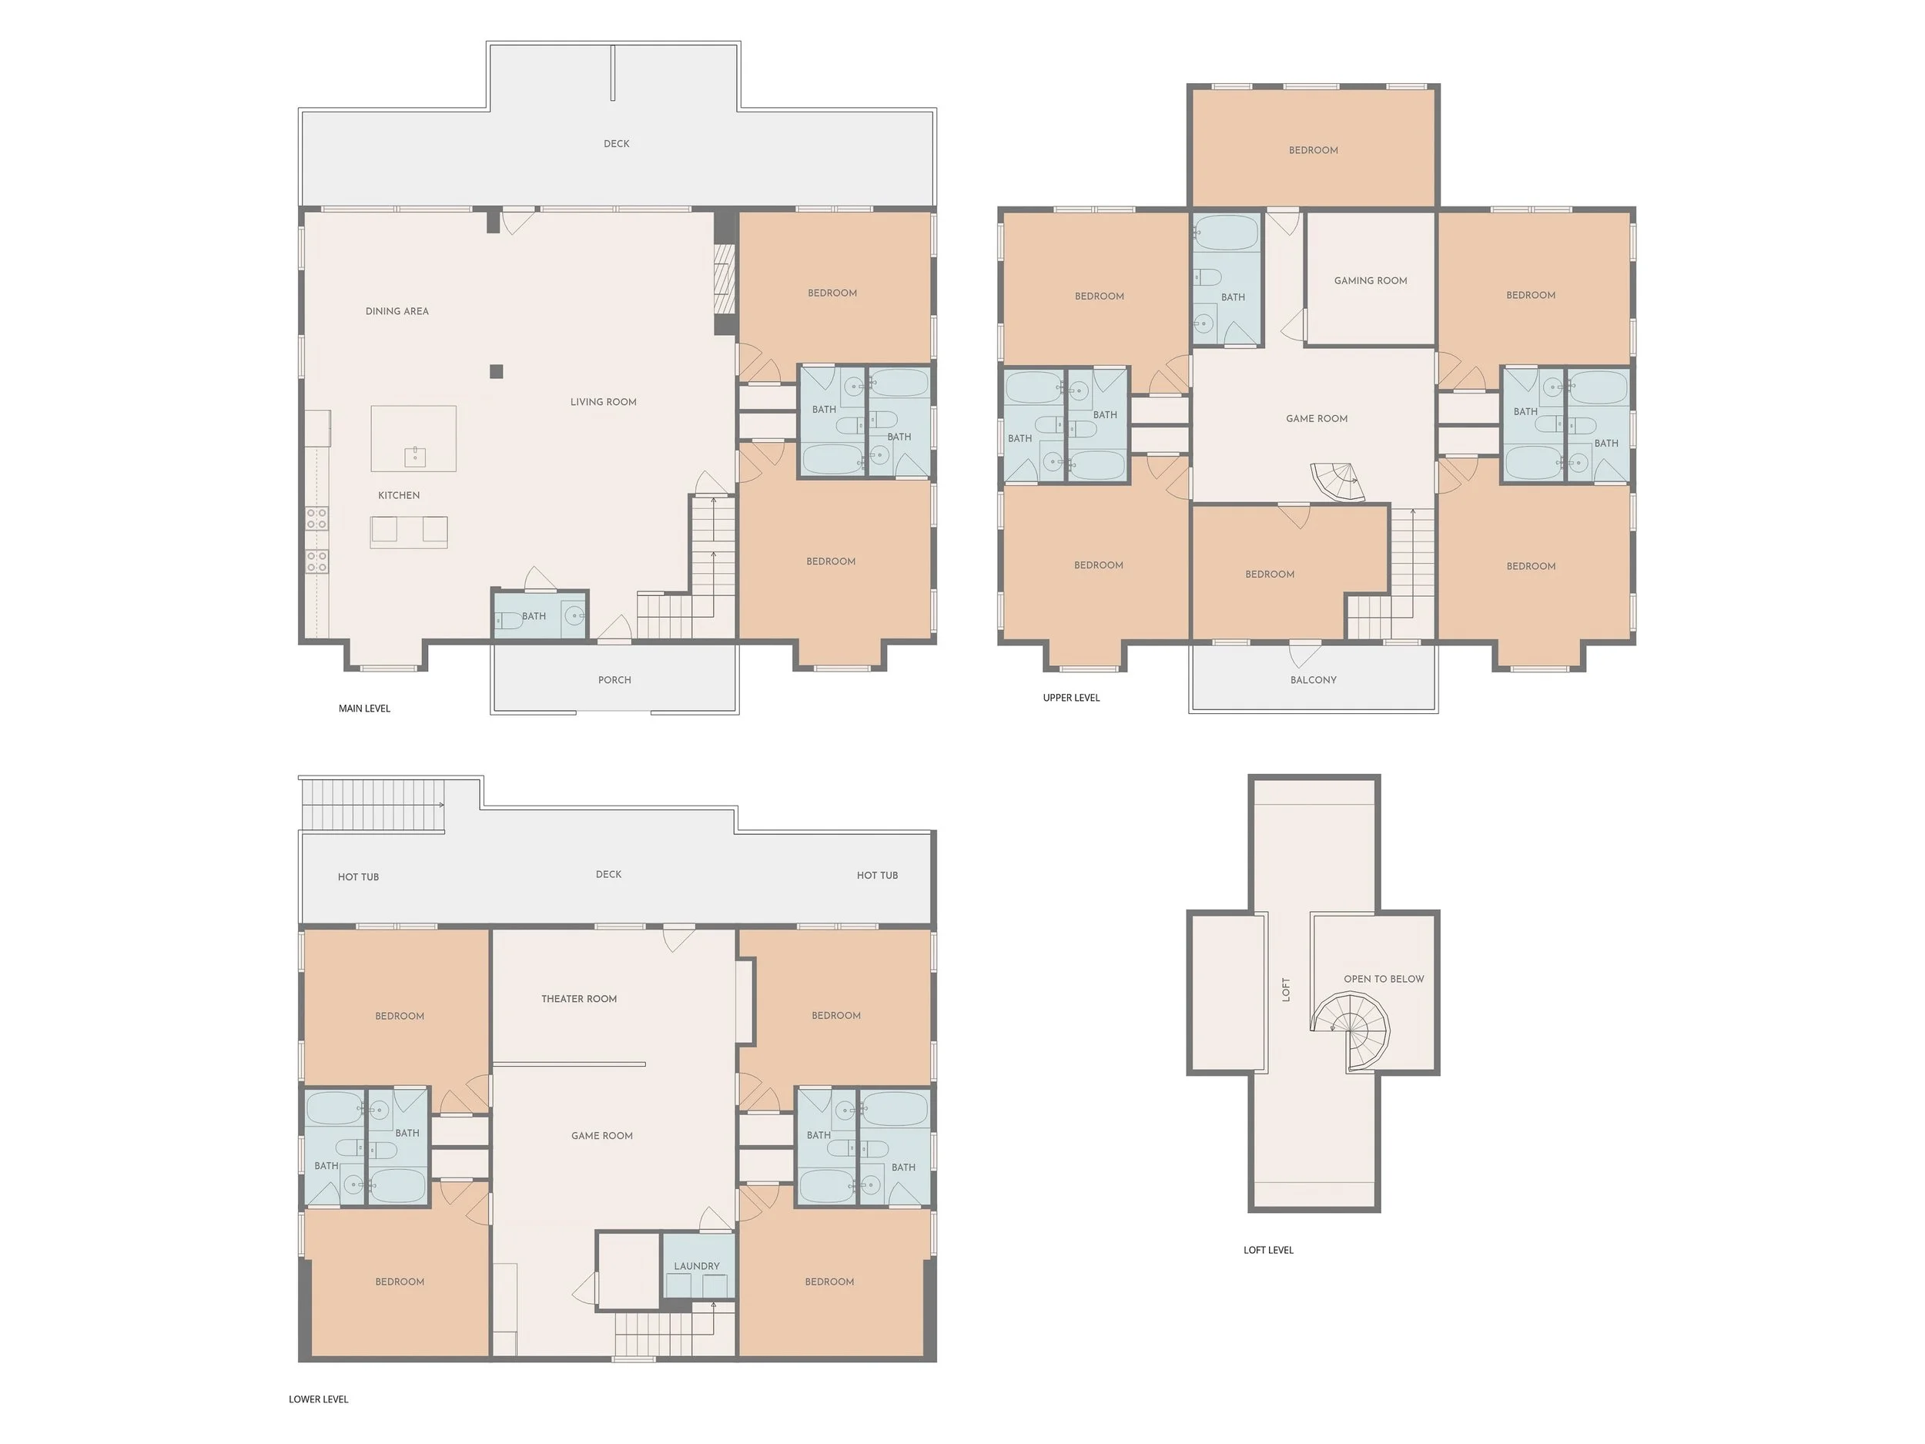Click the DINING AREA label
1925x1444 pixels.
(x=397, y=310)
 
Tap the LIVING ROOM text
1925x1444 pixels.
(x=603, y=402)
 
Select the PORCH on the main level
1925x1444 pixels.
(x=614, y=680)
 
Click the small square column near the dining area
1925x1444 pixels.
(x=496, y=372)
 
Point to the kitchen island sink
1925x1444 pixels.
(x=415, y=456)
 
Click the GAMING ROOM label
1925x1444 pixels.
(x=1371, y=280)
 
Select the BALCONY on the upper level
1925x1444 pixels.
(x=1313, y=680)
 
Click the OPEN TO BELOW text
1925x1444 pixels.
(x=1384, y=979)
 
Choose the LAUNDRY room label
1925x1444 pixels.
(x=696, y=1266)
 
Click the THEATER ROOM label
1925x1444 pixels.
(x=579, y=999)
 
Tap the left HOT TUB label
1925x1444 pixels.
(x=359, y=877)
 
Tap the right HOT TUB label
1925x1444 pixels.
(x=877, y=876)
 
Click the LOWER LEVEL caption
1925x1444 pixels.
(x=319, y=1399)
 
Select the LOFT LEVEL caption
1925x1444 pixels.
(x=1268, y=1250)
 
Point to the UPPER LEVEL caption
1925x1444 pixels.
(x=1071, y=698)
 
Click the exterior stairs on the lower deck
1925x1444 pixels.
(x=373, y=805)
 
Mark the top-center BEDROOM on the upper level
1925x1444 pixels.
(x=1313, y=149)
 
